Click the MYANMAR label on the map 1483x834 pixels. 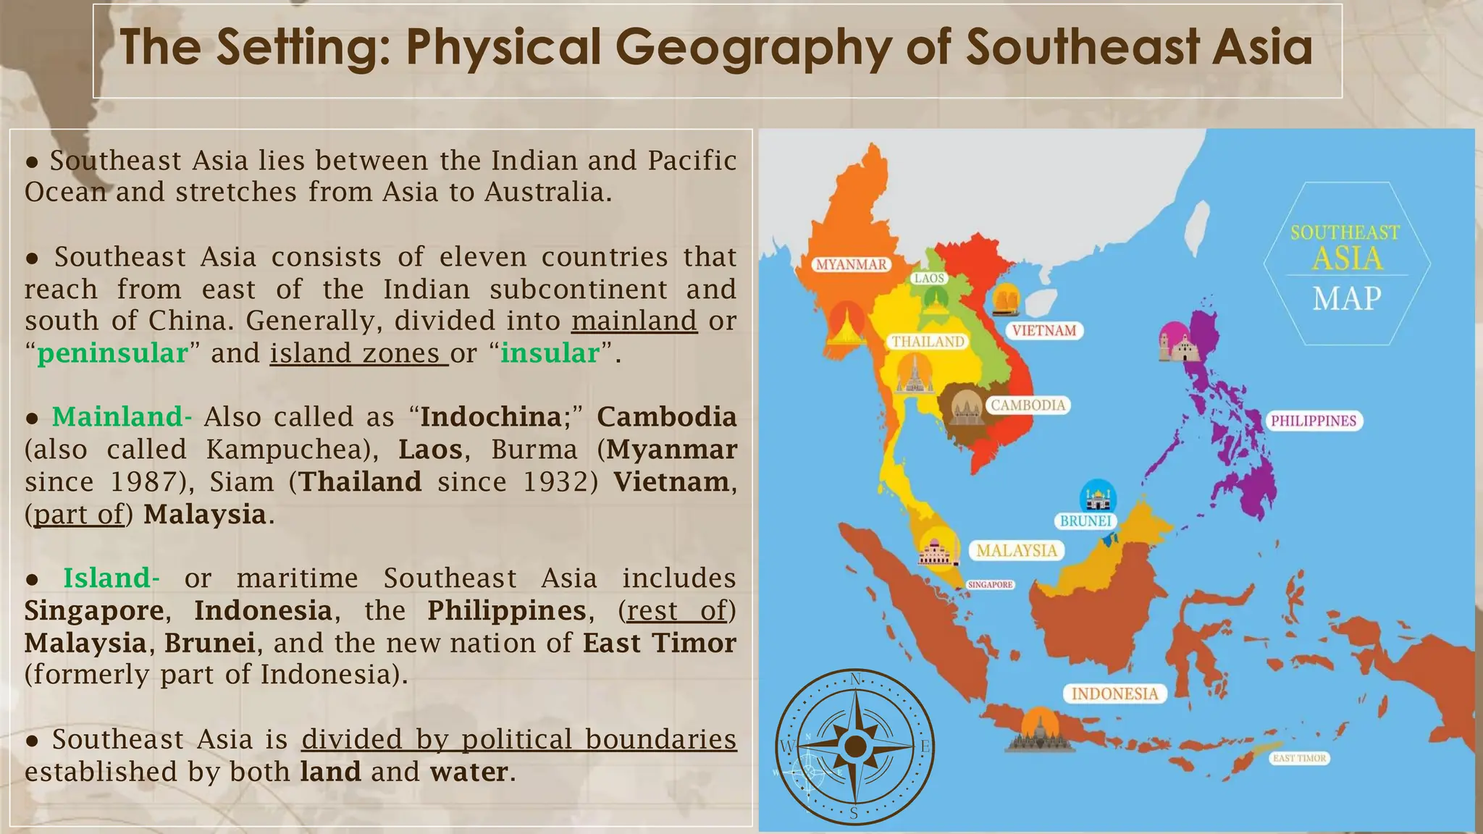851,265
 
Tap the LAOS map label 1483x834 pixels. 929,278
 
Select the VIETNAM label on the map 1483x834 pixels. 1043,331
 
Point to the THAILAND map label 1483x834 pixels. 928,342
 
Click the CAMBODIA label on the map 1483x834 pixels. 1028,405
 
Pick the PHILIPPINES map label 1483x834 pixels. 1314,421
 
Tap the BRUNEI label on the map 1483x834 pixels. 1085,521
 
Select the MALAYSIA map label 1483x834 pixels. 1017,551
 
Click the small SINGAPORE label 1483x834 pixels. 990,584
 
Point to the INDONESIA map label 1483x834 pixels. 1114,694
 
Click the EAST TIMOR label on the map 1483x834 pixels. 1299,759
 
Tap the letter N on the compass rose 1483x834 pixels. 855,679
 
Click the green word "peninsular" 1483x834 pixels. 112,353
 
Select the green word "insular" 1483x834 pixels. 550,353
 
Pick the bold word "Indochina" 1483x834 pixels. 490,417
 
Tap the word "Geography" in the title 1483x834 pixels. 753,48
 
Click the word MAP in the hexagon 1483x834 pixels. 1347,298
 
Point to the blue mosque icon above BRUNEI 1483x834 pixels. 1098,497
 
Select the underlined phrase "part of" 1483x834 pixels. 79,515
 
